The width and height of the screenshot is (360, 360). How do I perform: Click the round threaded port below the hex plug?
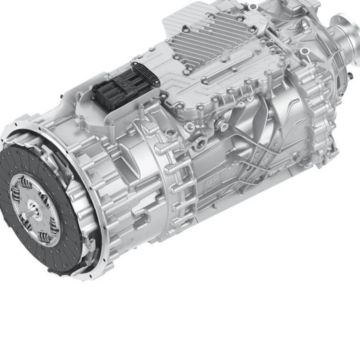click(x=202, y=141)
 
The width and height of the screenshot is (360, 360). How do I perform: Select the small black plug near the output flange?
click(x=350, y=75)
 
